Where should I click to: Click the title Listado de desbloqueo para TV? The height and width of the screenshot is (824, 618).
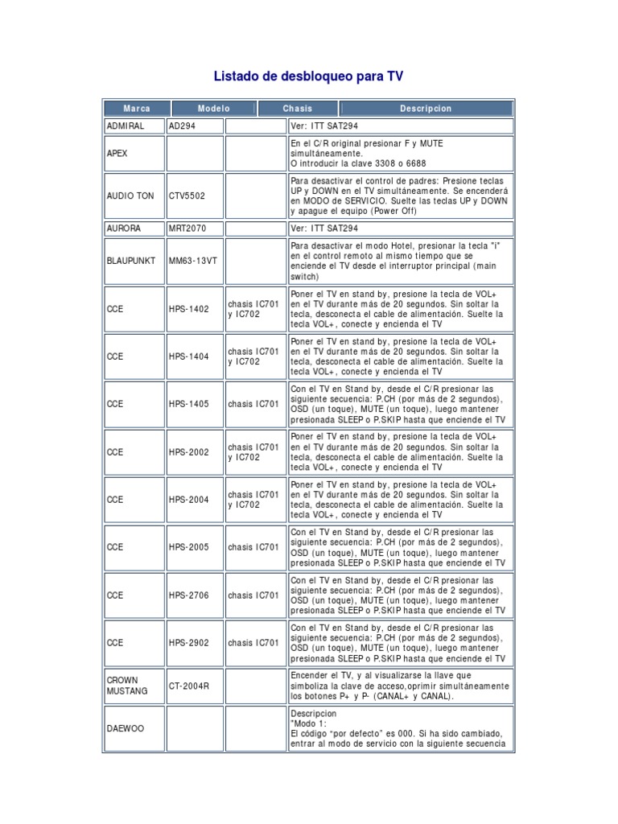tap(308, 77)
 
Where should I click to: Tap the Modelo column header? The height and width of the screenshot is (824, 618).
tap(212, 109)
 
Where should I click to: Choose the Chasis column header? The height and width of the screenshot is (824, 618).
tap(297, 109)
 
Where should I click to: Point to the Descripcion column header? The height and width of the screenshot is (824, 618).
tap(426, 109)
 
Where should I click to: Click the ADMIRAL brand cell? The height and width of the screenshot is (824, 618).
tap(125, 126)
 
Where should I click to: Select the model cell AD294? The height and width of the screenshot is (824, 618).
tap(182, 126)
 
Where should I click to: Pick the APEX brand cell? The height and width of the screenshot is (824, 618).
tap(117, 153)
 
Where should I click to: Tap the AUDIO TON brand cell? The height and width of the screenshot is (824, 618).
tap(130, 196)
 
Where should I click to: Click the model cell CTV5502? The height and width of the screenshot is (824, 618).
tap(187, 196)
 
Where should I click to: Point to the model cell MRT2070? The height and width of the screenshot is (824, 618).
tap(189, 229)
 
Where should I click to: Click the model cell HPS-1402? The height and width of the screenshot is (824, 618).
tap(188, 309)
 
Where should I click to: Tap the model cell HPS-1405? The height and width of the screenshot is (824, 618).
tap(188, 404)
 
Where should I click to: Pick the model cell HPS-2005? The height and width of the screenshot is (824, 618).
tap(188, 547)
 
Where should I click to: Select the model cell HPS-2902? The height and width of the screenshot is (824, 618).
tap(188, 643)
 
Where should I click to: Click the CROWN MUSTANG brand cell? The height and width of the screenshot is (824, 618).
tap(127, 686)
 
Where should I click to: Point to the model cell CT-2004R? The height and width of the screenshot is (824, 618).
tap(189, 686)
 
